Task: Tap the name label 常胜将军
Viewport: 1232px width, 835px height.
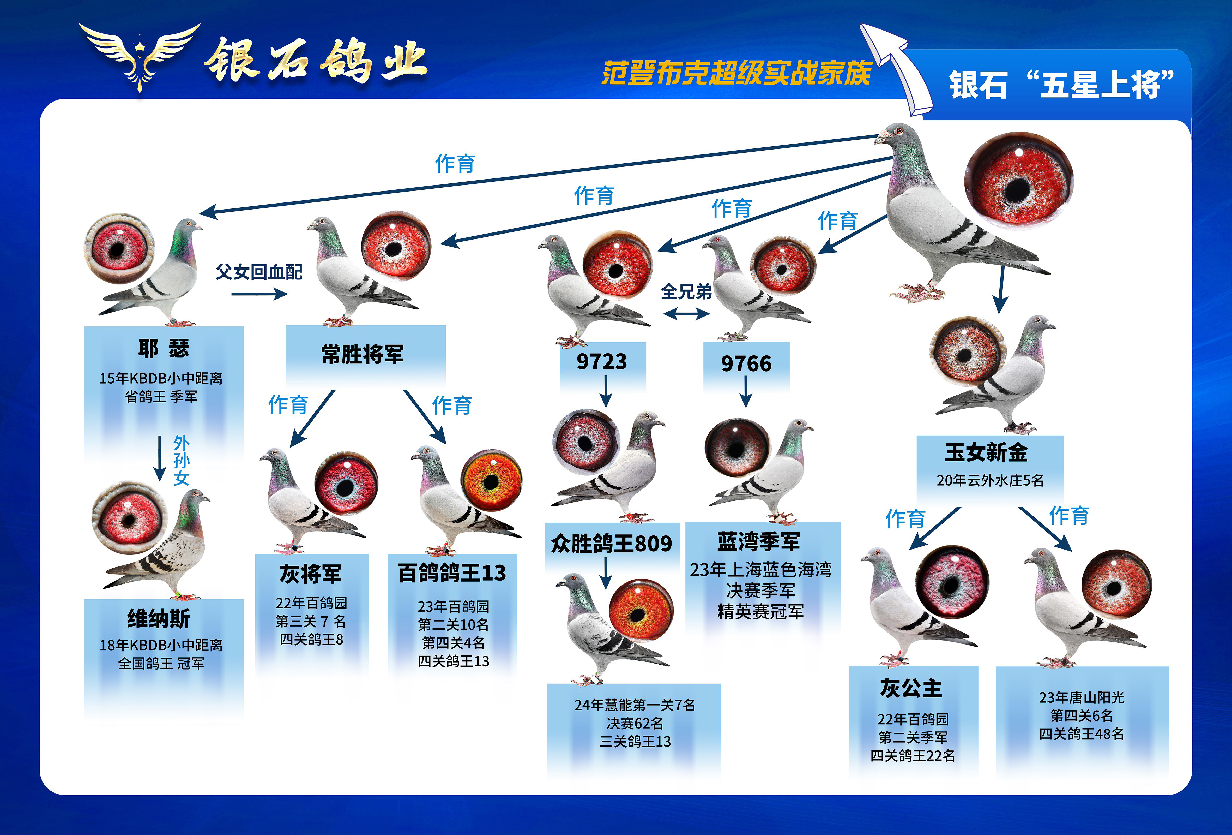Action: coord(363,354)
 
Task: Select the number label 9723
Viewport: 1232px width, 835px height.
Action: coord(602,362)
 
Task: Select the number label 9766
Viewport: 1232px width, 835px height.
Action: coord(746,363)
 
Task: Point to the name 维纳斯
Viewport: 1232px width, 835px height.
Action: coord(159,619)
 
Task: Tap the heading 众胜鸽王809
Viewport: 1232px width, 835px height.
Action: coord(611,543)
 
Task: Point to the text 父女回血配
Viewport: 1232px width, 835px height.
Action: coord(259,272)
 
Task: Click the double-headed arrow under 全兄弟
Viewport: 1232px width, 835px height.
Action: coord(686,314)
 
